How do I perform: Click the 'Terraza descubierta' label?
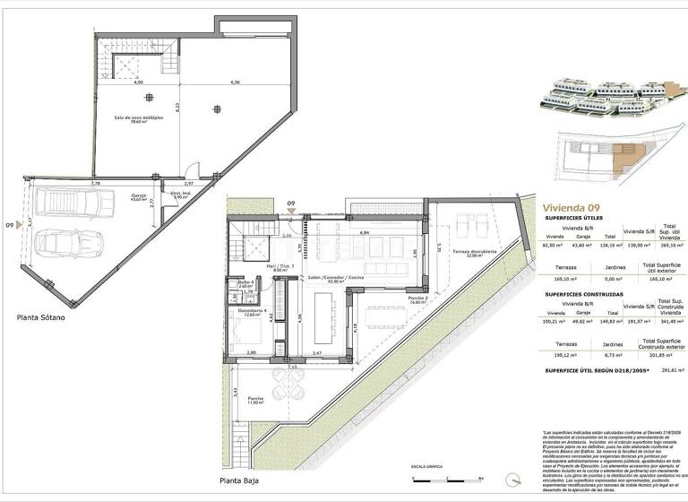tap(474, 253)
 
